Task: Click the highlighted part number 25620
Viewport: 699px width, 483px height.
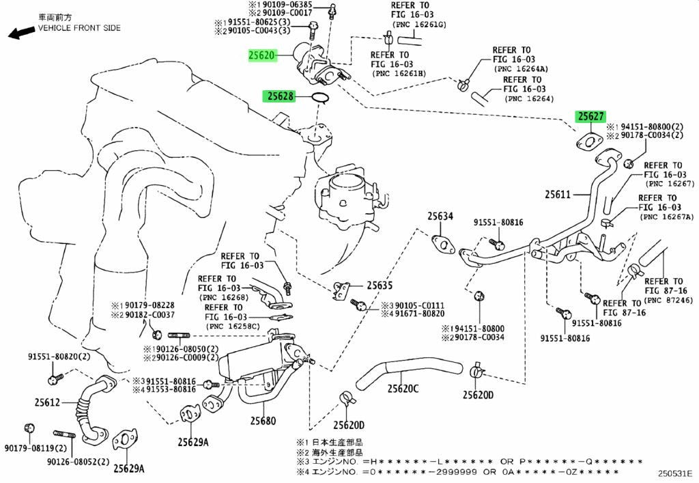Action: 262,55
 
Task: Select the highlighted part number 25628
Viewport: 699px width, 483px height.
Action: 281,96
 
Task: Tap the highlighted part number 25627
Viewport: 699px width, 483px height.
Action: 590,116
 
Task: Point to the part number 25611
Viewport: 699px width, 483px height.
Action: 558,195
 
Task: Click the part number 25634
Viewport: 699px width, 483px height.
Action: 440,217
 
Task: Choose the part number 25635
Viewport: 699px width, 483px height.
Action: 380,285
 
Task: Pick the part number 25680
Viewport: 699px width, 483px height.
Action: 263,421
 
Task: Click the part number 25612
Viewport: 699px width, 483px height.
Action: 47,402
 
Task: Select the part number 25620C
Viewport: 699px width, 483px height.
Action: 403,389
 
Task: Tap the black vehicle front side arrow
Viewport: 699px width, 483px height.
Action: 21,33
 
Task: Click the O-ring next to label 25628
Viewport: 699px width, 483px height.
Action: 319,98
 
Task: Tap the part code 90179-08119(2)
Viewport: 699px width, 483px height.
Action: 35,447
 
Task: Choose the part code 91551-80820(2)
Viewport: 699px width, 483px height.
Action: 59,357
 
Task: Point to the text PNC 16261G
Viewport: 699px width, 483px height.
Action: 418,25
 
